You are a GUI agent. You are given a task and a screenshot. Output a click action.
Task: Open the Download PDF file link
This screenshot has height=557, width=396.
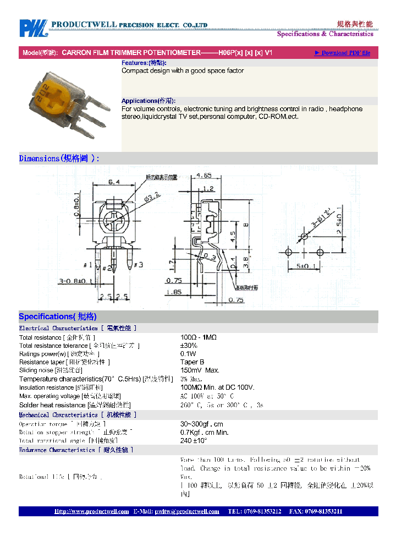click(x=343, y=53)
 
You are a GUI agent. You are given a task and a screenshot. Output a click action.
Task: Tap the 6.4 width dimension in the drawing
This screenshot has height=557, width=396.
click(x=114, y=182)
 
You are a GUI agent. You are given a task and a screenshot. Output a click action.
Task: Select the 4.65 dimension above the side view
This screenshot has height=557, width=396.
click(x=204, y=177)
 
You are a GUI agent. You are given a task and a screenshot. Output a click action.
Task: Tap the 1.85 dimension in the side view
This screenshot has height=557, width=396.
click(x=174, y=292)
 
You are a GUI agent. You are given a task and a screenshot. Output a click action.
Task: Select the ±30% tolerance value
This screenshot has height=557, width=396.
click(x=189, y=346)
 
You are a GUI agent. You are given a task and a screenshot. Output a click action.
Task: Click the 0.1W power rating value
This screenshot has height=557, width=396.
click(x=188, y=354)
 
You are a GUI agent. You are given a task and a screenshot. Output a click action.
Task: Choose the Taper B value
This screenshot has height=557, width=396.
click(x=192, y=362)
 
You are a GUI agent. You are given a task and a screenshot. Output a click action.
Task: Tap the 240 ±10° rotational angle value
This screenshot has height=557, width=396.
click(x=194, y=441)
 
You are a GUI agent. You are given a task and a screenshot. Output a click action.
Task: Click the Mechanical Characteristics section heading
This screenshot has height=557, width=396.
click(x=77, y=415)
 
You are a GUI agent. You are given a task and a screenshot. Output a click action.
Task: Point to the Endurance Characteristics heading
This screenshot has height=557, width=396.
click(x=76, y=450)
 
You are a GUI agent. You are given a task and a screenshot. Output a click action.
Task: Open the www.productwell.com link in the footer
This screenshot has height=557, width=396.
click(x=91, y=511)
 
